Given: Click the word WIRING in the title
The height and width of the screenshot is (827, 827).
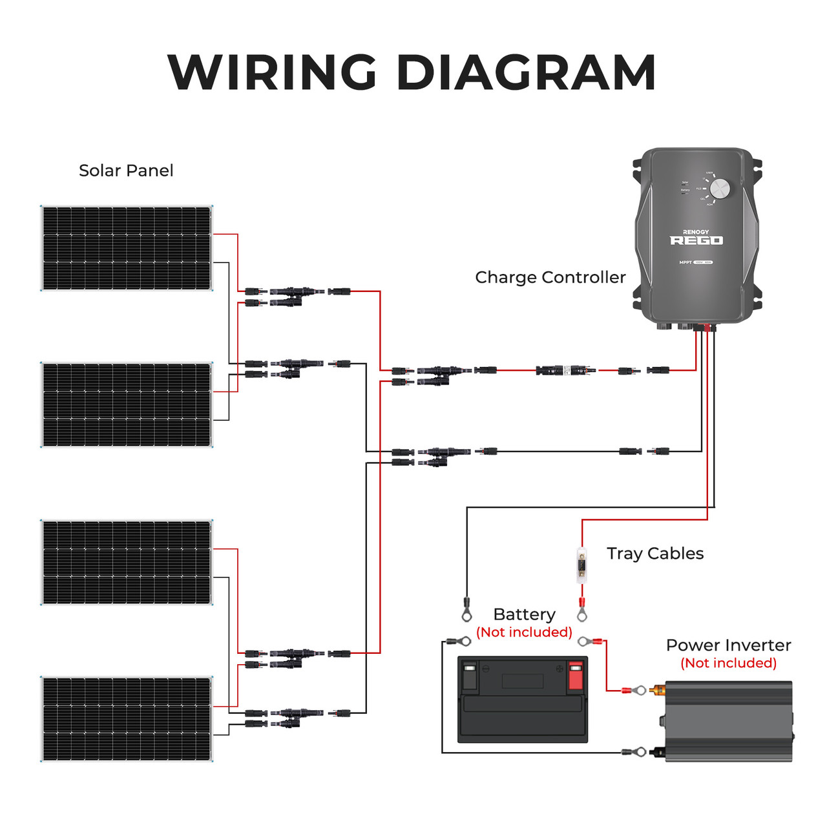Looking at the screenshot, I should [272, 72].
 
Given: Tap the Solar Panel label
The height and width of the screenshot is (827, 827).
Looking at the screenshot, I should [126, 171].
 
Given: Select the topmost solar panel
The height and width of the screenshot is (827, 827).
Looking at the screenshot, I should [127, 248].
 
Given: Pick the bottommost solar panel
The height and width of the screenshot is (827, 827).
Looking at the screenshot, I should [127, 718].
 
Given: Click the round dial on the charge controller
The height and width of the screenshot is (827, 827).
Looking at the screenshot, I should [719, 189].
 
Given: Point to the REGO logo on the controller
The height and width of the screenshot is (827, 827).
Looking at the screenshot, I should [696, 240].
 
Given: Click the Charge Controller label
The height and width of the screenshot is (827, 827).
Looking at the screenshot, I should [550, 277].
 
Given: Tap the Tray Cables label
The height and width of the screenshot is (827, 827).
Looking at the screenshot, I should [654, 554].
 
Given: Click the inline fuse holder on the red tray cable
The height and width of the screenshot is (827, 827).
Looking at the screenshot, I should [582, 566].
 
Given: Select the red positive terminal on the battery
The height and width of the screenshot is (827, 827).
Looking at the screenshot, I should [575, 676].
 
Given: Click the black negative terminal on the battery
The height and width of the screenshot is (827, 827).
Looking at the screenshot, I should [470, 676].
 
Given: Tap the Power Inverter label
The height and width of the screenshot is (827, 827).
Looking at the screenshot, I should [728, 645].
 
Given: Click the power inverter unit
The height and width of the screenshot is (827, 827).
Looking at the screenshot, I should [728, 720].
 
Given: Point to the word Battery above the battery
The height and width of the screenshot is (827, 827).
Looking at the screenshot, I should [524, 614].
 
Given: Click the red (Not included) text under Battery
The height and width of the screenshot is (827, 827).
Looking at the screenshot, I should [524, 633].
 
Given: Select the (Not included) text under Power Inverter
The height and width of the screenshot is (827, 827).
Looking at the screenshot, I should [728, 663].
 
